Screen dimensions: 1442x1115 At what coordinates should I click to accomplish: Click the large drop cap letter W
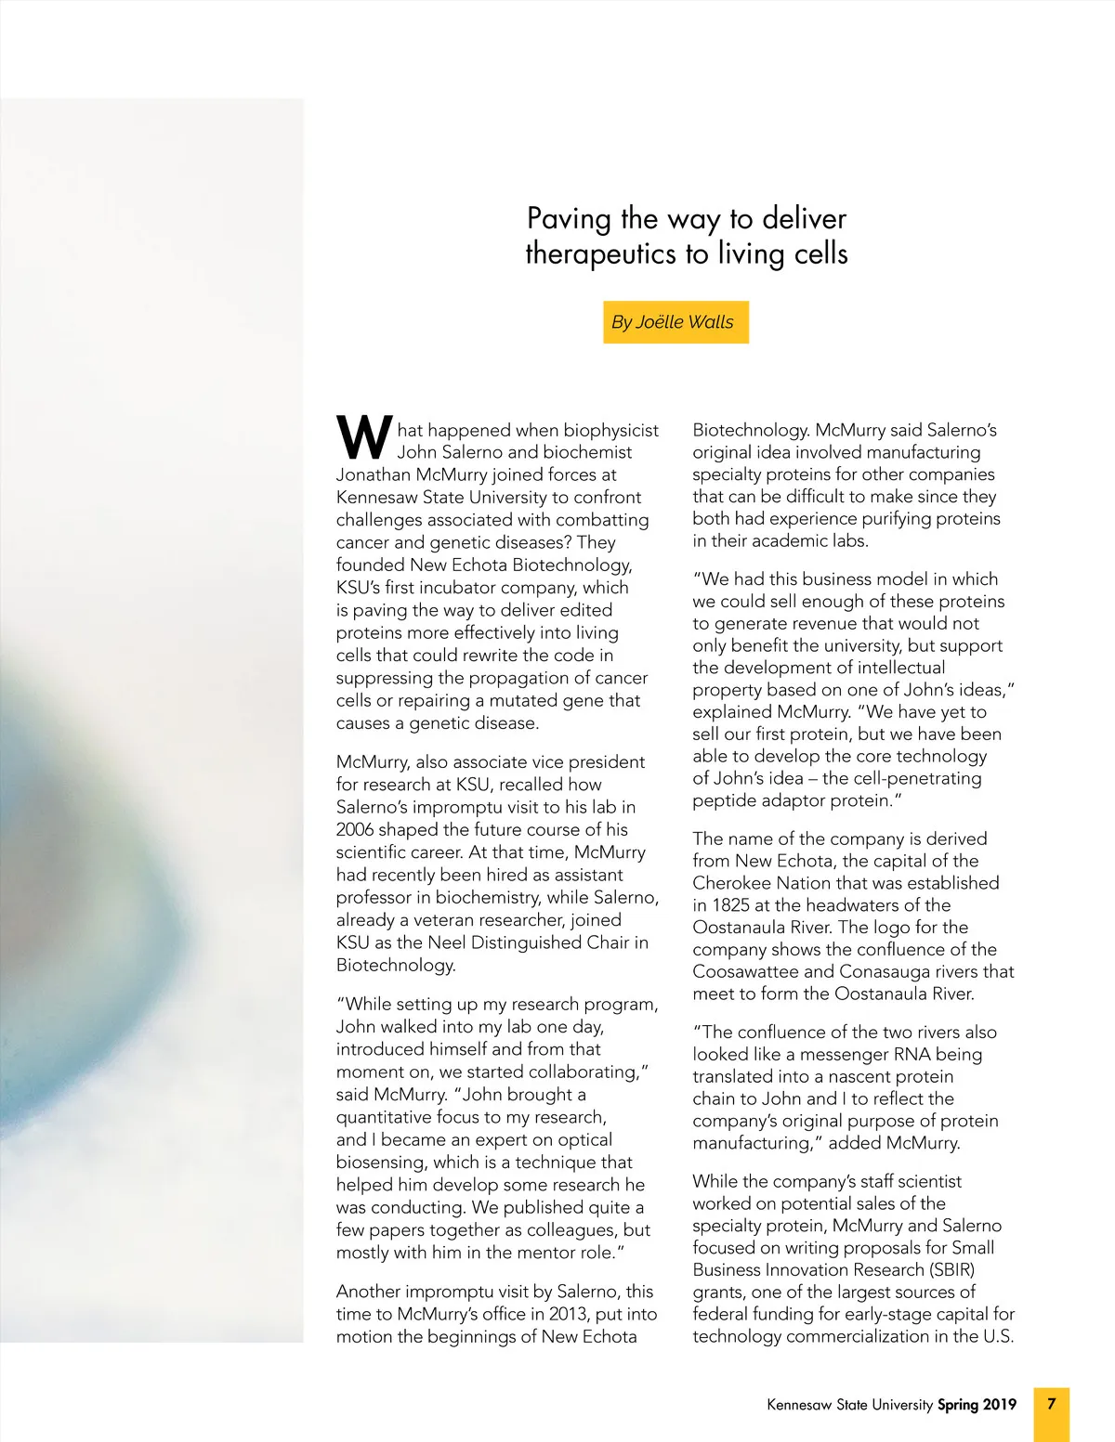364,437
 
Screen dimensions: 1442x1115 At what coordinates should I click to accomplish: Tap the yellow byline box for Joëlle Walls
675,322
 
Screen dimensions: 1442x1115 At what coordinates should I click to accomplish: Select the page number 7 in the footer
1051,1403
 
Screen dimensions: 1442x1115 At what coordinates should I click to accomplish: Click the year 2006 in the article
358,829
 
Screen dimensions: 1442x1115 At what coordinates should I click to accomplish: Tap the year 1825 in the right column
731,905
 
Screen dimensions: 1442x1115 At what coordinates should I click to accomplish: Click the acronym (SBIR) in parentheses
946,1269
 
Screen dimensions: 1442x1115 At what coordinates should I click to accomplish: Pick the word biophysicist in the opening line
610,430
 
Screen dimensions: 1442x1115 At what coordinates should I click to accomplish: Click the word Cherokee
730,883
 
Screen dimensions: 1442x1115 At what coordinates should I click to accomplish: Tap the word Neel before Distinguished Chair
447,942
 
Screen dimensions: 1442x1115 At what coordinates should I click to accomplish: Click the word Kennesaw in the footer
798,1404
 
